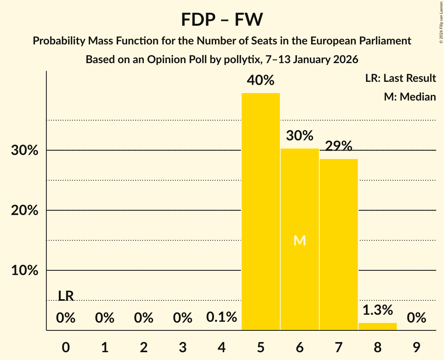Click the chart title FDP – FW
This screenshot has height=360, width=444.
222,19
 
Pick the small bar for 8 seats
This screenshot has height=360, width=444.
377,326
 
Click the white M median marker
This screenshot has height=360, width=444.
299,241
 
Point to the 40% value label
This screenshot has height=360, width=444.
261,81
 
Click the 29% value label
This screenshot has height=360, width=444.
338,146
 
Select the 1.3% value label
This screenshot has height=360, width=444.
377,310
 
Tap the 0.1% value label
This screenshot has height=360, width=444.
221,317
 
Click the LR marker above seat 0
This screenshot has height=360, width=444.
66,296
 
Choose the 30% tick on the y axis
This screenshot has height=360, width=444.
25,150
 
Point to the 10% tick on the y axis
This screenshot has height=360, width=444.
25,270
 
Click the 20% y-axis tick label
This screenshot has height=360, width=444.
25,210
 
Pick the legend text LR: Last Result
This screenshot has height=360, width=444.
400,78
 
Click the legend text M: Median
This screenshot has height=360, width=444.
410,97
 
